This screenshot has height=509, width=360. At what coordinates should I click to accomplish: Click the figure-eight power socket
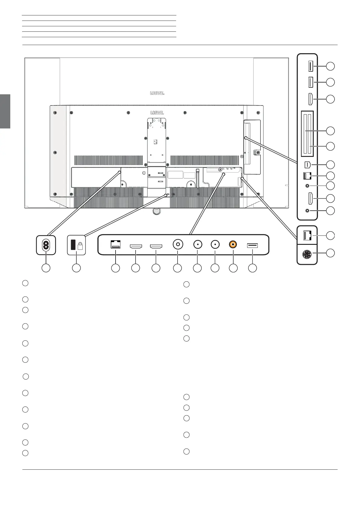pyautogui.click(x=46, y=245)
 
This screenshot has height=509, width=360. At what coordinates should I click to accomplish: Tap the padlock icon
pyautogui.click(x=80, y=246)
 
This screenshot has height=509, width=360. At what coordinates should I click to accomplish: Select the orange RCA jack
pyautogui.click(x=233, y=244)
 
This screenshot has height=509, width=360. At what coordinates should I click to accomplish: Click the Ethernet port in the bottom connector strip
pyautogui.click(x=116, y=245)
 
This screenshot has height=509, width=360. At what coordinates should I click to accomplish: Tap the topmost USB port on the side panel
pyautogui.click(x=310, y=66)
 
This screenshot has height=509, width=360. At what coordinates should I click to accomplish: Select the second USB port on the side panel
pyautogui.click(x=310, y=82)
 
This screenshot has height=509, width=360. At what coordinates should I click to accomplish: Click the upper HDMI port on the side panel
pyautogui.click(x=310, y=99)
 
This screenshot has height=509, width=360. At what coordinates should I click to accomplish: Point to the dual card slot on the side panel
pyautogui.click(x=307, y=134)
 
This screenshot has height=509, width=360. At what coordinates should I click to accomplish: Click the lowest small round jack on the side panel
pyautogui.click(x=308, y=211)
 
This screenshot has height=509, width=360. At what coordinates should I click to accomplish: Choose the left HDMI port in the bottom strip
pyautogui.click(x=136, y=246)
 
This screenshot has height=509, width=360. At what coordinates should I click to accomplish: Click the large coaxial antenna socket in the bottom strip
pyautogui.click(x=177, y=244)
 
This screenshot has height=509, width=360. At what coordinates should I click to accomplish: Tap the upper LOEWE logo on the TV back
pyautogui.click(x=157, y=93)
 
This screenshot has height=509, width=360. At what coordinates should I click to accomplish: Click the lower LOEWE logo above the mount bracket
pyautogui.click(x=157, y=113)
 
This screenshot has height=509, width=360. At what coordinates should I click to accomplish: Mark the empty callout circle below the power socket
pyautogui.click(x=46, y=268)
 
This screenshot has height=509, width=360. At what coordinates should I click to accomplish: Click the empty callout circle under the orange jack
pyautogui.click(x=233, y=268)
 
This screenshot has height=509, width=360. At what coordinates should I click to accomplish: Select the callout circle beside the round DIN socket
pyautogui.click(x=330, y=253)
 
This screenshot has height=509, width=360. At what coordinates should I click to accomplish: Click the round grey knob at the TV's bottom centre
pyautogui.click(x=156, y=211)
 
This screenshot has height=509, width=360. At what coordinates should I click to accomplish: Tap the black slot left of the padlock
pyautogui.click(x=73, y=245)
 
